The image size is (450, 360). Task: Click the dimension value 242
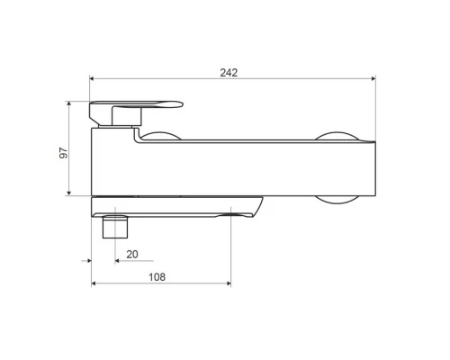point(229,73)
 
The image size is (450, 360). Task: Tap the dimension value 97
point(64,153)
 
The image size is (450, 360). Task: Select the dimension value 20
point(132,255)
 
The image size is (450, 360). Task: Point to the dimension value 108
point(157,277)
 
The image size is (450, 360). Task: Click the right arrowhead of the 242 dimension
point(373,78)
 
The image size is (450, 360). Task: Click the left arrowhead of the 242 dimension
point(92,78)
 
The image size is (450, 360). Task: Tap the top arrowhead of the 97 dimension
point(69,103)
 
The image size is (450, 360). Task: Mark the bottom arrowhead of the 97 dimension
point(69,193)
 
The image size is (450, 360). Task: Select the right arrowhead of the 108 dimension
point(229,283)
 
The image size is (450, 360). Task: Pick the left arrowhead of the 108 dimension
point(94,283)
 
